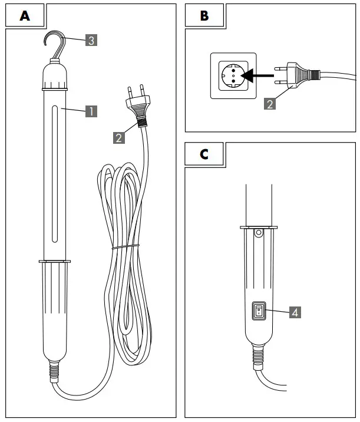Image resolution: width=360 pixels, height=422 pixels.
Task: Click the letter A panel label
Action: (x=25, y=16)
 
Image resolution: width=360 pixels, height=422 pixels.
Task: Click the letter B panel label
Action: (x=204, y=16)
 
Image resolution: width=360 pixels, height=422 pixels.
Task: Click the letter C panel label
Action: (x=204, y=154)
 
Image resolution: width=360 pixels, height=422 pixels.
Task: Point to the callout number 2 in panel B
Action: (x=269, y=104)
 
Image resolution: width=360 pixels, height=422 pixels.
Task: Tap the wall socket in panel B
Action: (x=233, y=75)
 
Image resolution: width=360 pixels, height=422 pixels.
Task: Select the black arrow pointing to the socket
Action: (x=260, y=75)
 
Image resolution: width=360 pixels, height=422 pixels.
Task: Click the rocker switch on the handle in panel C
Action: (x=258, y=312)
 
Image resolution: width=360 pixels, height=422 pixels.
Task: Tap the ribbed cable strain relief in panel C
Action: (x=258, y=358)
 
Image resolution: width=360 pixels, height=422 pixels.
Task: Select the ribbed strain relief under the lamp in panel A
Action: (x=55, y=371)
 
